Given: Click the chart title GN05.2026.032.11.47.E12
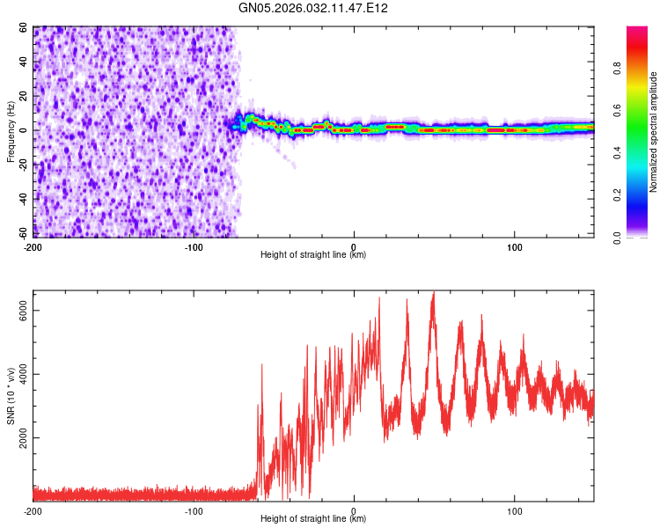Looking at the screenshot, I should [x=313, y=8].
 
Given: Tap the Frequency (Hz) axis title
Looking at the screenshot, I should [x=11, y=131].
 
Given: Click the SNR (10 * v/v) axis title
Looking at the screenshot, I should [x=11, y=395].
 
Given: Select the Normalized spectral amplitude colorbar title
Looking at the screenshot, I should [x=654, y=133].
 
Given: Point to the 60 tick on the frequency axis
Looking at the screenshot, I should [x=24, y=27].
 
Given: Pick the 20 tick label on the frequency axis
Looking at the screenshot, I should [x=24, y=96].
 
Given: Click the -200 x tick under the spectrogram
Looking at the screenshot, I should [x=33, y=246].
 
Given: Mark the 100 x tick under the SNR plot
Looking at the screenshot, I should [x=514, y=510].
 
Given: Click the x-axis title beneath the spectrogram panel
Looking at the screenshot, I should [x=313, y=255].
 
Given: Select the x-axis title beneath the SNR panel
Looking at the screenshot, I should [x=313, y=519].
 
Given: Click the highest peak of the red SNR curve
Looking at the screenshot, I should [x=433, y=292].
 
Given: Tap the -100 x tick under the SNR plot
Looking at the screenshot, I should [x=194, y=510].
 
